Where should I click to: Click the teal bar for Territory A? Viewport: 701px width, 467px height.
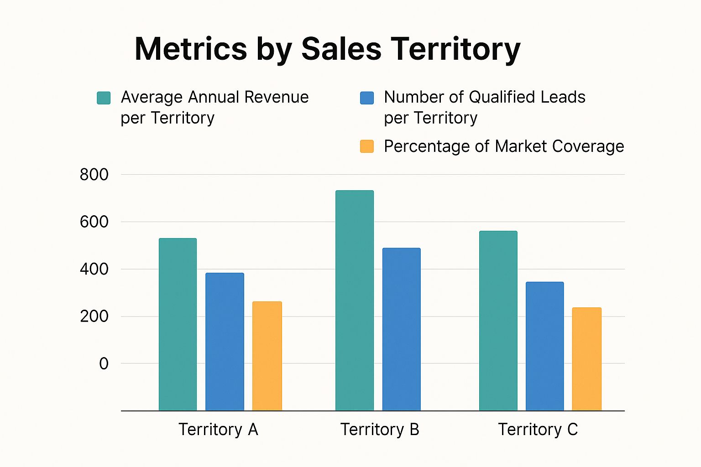point(178,324)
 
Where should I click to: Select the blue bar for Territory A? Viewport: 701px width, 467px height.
point(225,342)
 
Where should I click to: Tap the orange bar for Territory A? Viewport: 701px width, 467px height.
point(267,356)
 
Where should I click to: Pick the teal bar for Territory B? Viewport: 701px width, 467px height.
point(355,301)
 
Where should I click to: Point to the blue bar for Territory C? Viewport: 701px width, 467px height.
point(544,346)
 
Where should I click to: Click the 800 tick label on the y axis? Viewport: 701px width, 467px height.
point(94,175)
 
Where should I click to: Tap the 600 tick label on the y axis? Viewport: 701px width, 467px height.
point(94,222)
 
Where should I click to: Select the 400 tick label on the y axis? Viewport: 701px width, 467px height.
point(94,269)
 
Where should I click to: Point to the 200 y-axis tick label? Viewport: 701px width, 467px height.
point(94,316)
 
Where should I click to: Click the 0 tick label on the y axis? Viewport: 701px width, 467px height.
point(104,363)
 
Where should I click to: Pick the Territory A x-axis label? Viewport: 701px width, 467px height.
point(218,430)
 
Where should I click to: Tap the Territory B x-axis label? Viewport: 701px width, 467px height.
point(380,430)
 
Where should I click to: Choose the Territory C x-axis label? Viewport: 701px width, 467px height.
point(538,430)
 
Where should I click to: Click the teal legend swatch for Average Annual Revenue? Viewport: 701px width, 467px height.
point(104,98)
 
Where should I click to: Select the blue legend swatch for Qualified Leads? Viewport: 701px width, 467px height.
point(367,98)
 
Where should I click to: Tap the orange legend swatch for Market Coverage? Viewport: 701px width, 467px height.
point(367,146)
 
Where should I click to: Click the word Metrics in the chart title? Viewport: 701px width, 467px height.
point(191,49)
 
